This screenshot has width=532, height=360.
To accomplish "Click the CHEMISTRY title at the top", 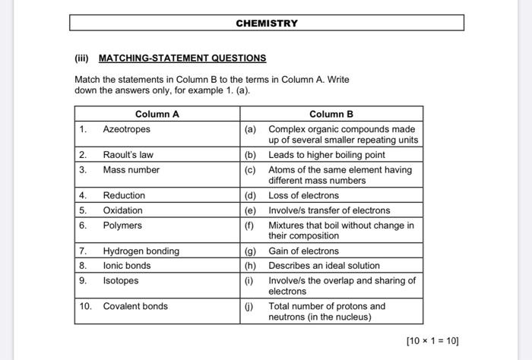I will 266,24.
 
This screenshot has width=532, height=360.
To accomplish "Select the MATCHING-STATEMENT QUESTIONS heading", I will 182,58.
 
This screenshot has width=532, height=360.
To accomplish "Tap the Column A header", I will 157,115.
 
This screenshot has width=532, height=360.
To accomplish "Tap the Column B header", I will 331,115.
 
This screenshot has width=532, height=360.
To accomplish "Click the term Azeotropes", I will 126,129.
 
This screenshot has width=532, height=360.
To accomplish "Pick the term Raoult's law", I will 128,155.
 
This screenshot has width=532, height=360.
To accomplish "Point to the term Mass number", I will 131,170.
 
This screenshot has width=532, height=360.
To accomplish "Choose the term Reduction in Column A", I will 124,196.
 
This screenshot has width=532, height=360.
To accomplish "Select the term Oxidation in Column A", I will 122,210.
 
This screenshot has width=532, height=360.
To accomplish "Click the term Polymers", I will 122,226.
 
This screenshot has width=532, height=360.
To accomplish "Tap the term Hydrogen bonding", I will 141,251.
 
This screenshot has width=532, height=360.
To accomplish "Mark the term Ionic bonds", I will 127,266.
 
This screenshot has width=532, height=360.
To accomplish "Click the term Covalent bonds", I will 135,307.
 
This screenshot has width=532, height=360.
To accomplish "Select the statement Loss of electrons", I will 305,196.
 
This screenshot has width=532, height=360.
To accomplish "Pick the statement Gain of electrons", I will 304,251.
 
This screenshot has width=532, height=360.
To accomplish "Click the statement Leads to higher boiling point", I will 327,155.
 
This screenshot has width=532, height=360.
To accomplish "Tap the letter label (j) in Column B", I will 250,307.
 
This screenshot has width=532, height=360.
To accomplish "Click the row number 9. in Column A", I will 83,281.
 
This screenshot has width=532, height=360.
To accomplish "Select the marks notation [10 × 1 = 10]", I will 432,341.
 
